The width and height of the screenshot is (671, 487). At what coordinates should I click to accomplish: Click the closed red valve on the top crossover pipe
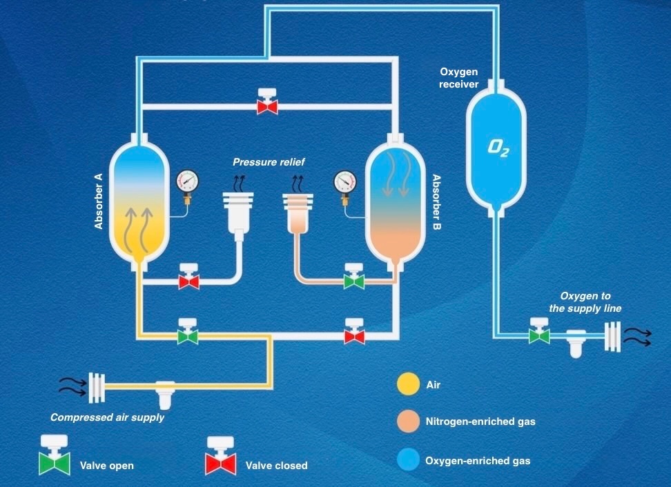pos(266,106)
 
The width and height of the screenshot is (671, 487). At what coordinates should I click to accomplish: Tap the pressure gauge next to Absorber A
pos(186,182)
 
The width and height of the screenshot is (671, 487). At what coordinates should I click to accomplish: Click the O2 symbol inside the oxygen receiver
pos(498,147)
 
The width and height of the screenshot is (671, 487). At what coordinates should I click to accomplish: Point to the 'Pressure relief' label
pos(269,162)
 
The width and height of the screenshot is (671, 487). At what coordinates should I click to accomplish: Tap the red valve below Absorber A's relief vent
pos(188,281)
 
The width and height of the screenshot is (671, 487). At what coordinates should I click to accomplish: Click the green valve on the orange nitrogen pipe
pos(354,281)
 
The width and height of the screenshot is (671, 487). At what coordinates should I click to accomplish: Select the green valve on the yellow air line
pos(187,335)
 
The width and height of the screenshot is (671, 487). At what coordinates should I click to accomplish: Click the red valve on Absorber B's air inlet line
pos(354,335)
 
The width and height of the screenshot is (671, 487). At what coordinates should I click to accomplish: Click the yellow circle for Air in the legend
pos(407,385)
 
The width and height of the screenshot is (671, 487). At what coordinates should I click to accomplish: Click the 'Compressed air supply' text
pos(107,417)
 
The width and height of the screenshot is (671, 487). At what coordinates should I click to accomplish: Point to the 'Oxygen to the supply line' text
pos(585,302)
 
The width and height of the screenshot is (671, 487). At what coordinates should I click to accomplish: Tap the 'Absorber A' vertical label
pos(99,201)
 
